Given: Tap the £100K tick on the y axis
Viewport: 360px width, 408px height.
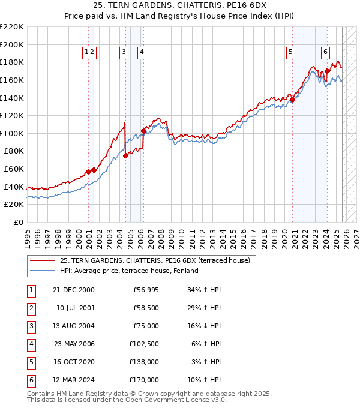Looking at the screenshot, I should pyautogui.click(x=12, y=133).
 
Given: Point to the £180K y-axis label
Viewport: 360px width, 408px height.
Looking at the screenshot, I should pyautogui.click(x=12, y=62).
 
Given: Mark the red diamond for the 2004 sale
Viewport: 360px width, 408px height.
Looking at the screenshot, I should pyautogui.click(x=125, y=155).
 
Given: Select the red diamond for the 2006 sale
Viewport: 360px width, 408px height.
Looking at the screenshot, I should pyautogui.click(x=143, y=131).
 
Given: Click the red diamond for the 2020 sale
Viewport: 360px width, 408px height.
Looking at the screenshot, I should pyautogui.click(x=292, y=100).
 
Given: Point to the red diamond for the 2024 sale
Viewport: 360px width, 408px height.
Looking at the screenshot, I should pyautogui.click(x=327, y=71).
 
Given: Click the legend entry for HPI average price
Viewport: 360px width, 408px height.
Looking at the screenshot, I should pyautogui.click(x=128, y=271).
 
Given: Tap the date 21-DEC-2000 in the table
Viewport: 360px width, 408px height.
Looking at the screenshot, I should pyautogui.click(x=73, y=290).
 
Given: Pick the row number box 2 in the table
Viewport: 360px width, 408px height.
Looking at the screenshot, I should pyautogui.click(x=30, y=308).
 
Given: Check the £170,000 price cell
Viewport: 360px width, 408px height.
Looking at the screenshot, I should pyautogui.click(x=145, y=380).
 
